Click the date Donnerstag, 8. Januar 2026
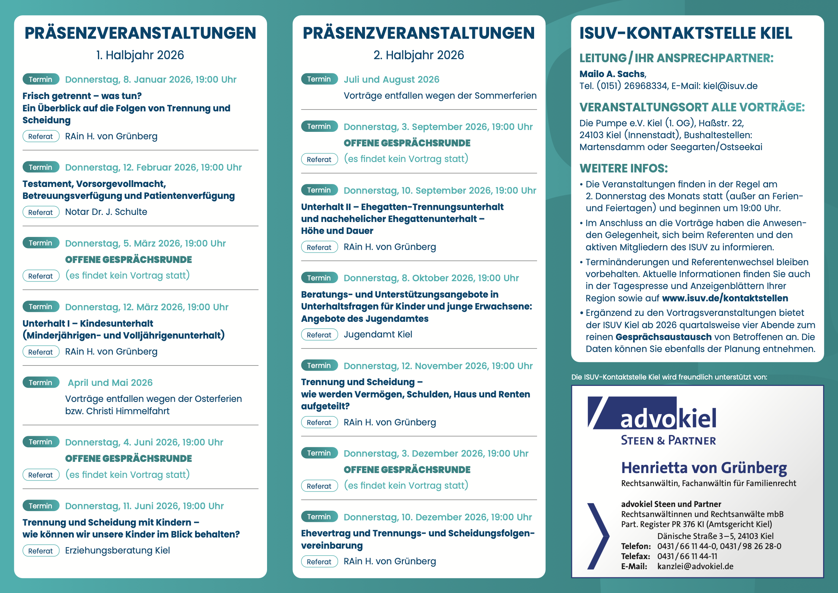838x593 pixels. pyautogui.click(x=150, y=80)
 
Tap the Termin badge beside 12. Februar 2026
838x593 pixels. pyautogui.click(x=41, y=167)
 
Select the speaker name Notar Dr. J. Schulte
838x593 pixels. pyautogui.click(x=106, y=212)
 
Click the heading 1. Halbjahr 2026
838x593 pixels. pyautogui.click(x=140, y=55)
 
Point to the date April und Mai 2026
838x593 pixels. pyautogui.click(x=110, y=383)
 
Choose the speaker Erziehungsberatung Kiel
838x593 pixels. pyautogui.click(x=117, y=551)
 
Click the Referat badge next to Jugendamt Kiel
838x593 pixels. pyautogui.click(x=319, y=335)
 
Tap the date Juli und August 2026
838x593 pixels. pyautogui.click(x=391, y=80)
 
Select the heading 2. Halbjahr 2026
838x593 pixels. pyautogui.click(x=419, y=55)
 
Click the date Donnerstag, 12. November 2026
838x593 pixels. pyautogui.click(x=438, y=366)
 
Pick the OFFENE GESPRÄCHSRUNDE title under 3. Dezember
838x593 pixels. pyautogui.click(x=407, y=470)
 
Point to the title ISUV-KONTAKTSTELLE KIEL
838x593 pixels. pyautogui.click(x=686, y=33)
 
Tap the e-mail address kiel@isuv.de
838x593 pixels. pyautogui.click(x=730, y=86)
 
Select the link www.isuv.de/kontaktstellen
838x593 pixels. pyautogui.click(x=725, y=298)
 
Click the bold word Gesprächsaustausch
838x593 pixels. pyautogui.click(x=663, y=337)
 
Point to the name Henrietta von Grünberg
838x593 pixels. pyautogui.click(x=704, y=468)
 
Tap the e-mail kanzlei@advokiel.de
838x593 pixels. pyautogui.click(x=695, y=567)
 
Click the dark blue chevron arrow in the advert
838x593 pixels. pyautogui.click(x=598, y=536)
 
